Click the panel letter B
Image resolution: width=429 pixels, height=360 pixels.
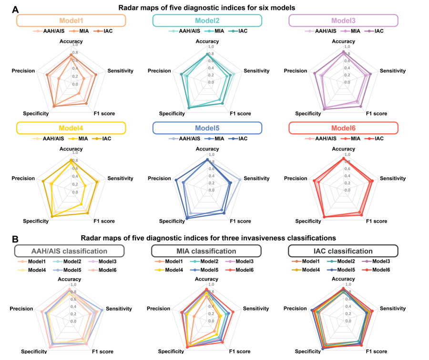(15, 239)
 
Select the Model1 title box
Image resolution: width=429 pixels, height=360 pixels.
(71, 20)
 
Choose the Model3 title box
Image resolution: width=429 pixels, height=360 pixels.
(343, 20)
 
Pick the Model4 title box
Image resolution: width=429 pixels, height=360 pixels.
(71, 128)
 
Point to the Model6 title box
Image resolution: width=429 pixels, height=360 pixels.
(343, 128)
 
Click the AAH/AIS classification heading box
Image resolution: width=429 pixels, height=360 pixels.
(69, 251)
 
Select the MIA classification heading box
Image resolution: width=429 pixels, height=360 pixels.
(206, 251)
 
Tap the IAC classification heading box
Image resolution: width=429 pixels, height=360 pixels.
(343, 251)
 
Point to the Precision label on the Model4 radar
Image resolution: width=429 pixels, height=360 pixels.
(23, 179)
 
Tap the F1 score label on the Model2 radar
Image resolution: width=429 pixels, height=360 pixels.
(239, 113)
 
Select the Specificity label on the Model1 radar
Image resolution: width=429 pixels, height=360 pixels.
(36, 113)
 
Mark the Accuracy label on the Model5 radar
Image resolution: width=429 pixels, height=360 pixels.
(207, 149)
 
